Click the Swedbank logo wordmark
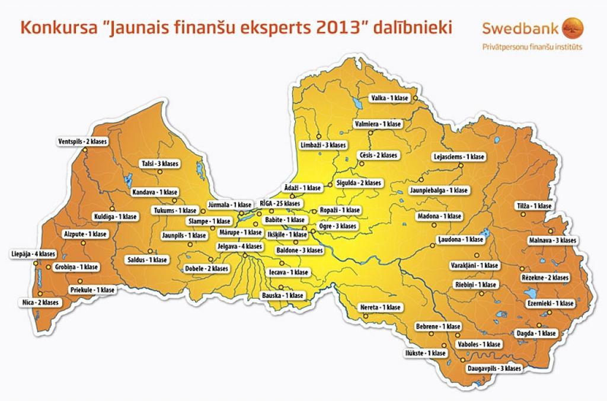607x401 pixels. [x=523, y=28]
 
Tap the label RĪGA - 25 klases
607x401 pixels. [x=280, y=203]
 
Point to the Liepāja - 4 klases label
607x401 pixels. [x=33, y=254]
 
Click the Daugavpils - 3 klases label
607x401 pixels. [x=494, y=368]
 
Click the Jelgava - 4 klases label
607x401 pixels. [x=240, y=246]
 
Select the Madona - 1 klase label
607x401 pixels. [x=439, y=216]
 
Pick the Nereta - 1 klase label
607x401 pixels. [x=381, y=307]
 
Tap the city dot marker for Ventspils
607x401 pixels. [x=85, y=150]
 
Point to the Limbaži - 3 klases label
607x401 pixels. [x=323, y=145]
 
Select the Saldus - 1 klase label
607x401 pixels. [x=148, y=259]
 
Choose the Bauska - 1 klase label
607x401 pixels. [x=283, y=295]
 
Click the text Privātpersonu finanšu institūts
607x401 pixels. [x=532, y=46]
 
